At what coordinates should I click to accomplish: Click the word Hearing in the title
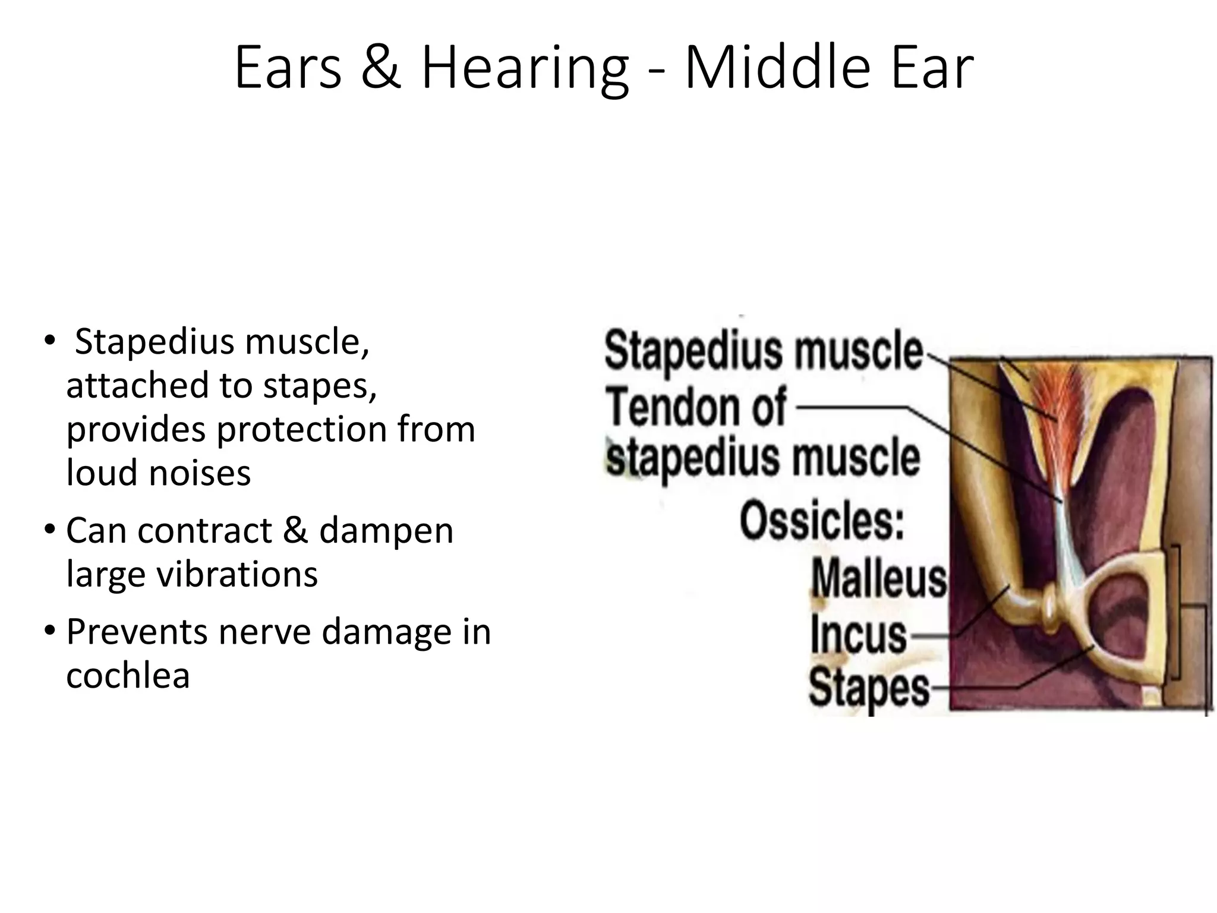click(x=524, y=68)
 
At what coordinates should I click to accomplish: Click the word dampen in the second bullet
click(x=386, y=530)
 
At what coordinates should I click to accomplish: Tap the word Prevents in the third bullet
click(x=135, y=631)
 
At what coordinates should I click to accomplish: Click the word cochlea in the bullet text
click(x=128, y=676)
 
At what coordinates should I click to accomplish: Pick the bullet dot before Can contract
click(x=51, y=529)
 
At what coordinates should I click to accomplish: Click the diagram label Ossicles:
click(x=821, y=521)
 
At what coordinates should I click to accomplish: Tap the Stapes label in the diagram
click(x=869, y=688)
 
